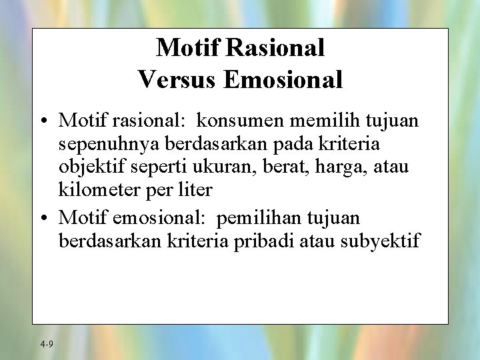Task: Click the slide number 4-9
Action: [47, 344]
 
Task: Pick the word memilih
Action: [324, 121]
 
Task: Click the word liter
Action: [195, 190]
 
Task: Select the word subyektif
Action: [380, 240]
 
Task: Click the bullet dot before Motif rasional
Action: [43, 121]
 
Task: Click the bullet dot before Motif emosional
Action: [43, 218]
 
